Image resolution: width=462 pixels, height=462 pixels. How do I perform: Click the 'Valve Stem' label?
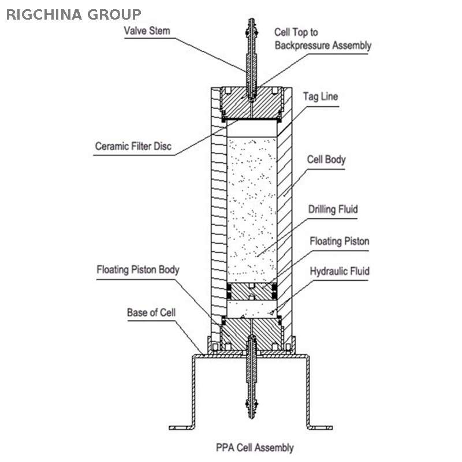(147, 30)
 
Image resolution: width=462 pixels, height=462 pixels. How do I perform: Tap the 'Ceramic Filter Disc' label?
(133, 146)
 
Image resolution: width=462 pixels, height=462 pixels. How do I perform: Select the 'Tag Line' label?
(321, 96)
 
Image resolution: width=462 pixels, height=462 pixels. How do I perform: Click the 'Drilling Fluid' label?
(332, 209)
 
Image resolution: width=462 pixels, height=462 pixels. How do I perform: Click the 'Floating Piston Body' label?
(138, 269)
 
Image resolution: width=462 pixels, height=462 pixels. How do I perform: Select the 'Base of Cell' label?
(151, 312)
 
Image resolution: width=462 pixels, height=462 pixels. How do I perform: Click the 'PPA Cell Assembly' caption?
(255, 447)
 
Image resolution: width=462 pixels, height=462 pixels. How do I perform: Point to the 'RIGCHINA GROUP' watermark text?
(73, 14)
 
